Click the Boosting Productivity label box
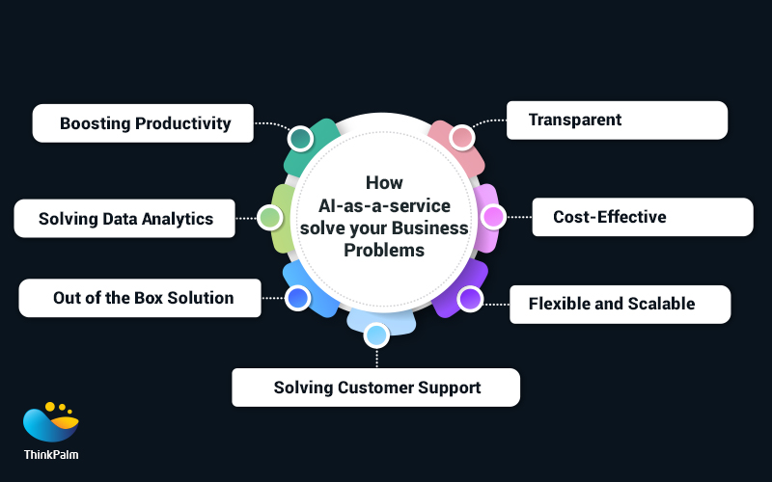[x=144, y=123]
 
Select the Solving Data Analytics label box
[x=125, y=219]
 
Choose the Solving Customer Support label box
[x=376, y=388]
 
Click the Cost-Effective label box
[x=643, y=217]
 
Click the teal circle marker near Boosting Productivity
[x=300, y=139]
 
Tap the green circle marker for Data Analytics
[x=270, y=218]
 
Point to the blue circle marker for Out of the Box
[x=297, y=298]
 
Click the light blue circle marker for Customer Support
[x=376, y=335]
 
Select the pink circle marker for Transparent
[x=462, y=138]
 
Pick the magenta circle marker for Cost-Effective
[x=493, y=217]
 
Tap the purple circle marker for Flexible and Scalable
[x=470, y=299]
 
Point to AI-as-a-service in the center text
[x=384, y=205]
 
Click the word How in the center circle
[x=384, y=183]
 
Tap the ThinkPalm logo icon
[x=51, y=421]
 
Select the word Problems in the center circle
[x=384, y=250]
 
